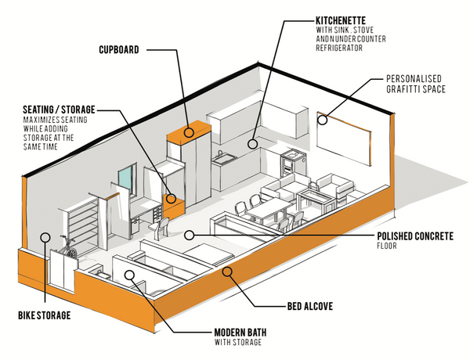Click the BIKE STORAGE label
[44, 315]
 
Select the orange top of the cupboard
[188, 130]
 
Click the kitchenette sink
[226, 159]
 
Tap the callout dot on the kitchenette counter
[253, 143]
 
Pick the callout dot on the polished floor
[189, 233]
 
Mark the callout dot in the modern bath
[129, 274]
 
